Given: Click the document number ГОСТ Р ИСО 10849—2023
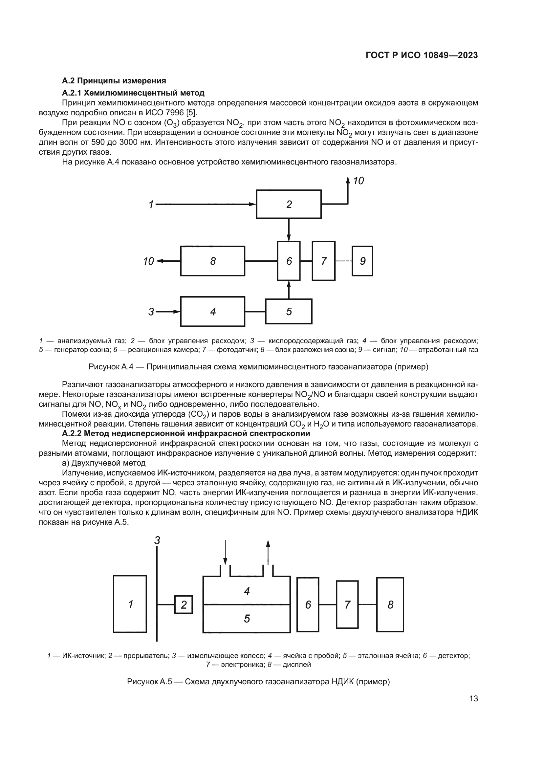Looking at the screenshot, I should click(x=422, y=55).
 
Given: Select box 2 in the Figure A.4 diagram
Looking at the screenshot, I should click(x=289, y=204).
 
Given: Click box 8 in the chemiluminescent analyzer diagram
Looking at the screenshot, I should click(x=213, y=261).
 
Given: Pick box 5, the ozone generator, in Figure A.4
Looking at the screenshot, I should click(x=289, y=311).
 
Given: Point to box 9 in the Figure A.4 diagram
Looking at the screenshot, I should click(x=362, y=261).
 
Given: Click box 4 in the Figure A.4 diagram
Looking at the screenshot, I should click(x=213, y=311).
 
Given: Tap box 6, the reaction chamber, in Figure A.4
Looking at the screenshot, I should click(x=289, y=261).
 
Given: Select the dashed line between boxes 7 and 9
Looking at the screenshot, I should click(x=343, y=261).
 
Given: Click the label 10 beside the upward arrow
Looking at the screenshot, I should click(x=358, y=181).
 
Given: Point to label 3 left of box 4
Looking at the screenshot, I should click(x=151, y=312).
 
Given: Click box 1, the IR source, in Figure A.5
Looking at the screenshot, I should click(x=130, y=604).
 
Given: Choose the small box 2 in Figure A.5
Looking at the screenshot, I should click(x=184, y=604).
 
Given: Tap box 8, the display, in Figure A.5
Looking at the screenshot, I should click(x=390, y=604).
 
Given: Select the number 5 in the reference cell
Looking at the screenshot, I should click(x=247, y=619).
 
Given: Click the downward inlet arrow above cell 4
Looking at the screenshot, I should click(x=225, y=552).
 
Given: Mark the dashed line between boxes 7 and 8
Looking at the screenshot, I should click(x=367, y=604).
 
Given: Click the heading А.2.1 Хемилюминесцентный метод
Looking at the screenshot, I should click(x=133, y=93).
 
